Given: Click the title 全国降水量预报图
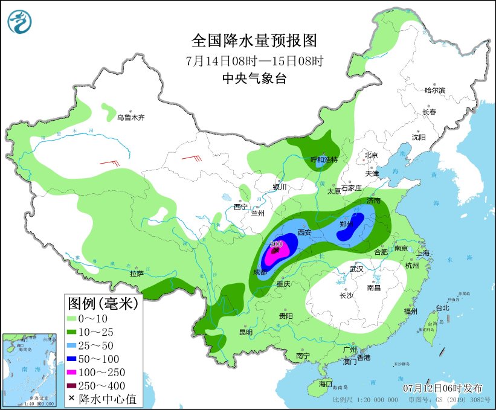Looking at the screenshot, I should (x=254, y=41).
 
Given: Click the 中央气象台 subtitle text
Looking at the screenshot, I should (x=254, y=78).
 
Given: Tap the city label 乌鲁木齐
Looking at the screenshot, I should (x=131, y=118).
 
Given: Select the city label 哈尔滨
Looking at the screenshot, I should (x=434, y=90).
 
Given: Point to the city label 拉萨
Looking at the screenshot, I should (x=137, y=274).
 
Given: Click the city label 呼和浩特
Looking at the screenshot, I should (x=324, y=159).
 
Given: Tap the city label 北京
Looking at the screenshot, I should (x=371, y=155).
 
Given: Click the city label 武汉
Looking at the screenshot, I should (x=356, y=269).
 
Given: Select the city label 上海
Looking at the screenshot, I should (x=422, y=253).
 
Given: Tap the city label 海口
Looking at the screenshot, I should (x=326, y=383).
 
